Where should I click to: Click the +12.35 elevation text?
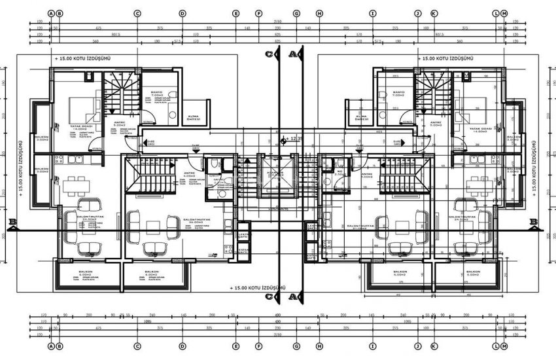[296, 139]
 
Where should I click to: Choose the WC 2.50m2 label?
[339, 175]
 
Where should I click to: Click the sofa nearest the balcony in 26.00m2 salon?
[154, 247]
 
